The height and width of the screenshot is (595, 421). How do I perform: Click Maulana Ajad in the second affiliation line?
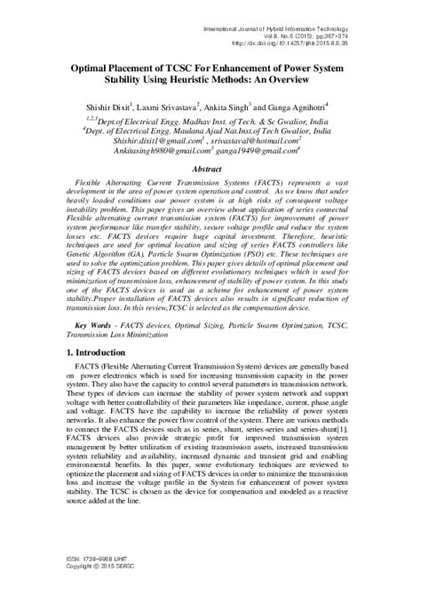(187, 117)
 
